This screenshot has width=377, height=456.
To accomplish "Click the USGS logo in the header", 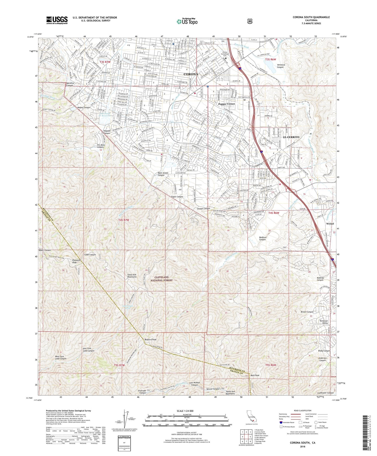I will click(57, 20).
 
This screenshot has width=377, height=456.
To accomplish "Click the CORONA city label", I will click(191, 74).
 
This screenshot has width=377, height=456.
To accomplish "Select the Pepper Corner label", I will click(227, 104).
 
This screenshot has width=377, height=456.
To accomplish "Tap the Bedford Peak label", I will click(151, 340).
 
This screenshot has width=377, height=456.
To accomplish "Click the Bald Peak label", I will click(255, 375).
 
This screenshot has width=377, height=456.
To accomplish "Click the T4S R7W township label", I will click(124, 220).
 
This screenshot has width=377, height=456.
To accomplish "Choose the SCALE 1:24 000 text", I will click(186, 411).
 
